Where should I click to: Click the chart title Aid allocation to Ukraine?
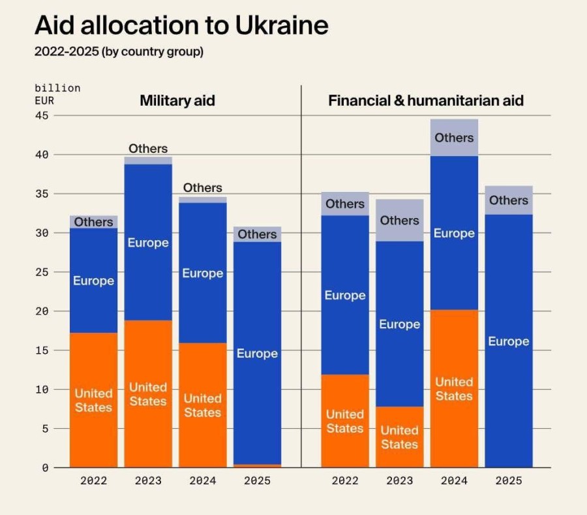181,25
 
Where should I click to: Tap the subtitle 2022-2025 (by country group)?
119,52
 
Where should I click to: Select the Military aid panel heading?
177,101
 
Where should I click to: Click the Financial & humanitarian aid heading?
426,101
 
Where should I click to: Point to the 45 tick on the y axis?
42,116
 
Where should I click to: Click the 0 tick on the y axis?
45,467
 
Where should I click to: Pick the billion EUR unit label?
57,94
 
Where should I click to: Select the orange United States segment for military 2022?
93,399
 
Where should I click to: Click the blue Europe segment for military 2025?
257,352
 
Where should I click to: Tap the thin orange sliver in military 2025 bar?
257,465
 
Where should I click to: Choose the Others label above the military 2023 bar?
148,149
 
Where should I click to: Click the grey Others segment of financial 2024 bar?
454,138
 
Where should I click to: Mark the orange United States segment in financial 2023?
399,437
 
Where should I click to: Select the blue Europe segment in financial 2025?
509,341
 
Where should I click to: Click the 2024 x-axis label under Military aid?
203,481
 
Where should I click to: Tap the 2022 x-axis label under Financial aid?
344,481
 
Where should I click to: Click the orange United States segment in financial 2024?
454,388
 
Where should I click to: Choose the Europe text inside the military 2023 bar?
148,243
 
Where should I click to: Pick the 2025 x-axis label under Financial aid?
509,481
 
